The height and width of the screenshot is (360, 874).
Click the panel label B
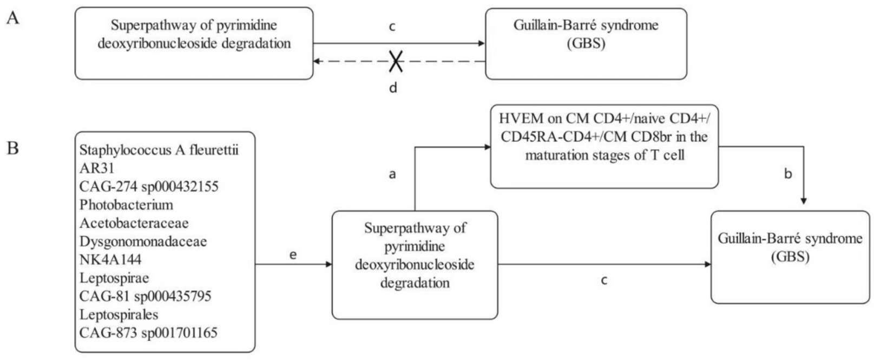pos(13,147)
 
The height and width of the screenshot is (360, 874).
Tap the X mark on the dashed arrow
pos(396,62)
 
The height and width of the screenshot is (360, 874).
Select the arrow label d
pos(393,87)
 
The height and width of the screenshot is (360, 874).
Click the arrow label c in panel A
pos(392,27)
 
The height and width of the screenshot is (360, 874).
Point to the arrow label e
pos(293,254)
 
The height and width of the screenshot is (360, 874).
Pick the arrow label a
pos(393,174)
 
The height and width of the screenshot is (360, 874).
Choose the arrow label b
pos(788,174)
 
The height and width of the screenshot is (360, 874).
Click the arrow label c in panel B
pos(604,280)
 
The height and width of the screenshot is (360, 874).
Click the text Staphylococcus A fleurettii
pos(159,150)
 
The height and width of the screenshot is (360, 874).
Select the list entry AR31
pos(97,168)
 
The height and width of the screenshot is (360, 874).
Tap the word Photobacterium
pos(126,205)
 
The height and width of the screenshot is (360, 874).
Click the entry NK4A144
pos(110,259)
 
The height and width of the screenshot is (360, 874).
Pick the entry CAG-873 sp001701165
pos(148,332)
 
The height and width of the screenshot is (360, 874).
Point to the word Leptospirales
pos(119,314)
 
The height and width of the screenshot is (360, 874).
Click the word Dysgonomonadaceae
pos(143,241)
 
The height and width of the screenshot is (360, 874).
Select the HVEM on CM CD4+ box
pos(604,146)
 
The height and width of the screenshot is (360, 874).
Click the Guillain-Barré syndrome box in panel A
pos(586,43)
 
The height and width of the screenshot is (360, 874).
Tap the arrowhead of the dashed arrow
pos(318,62)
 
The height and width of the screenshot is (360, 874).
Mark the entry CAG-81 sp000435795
pos(145,296)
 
